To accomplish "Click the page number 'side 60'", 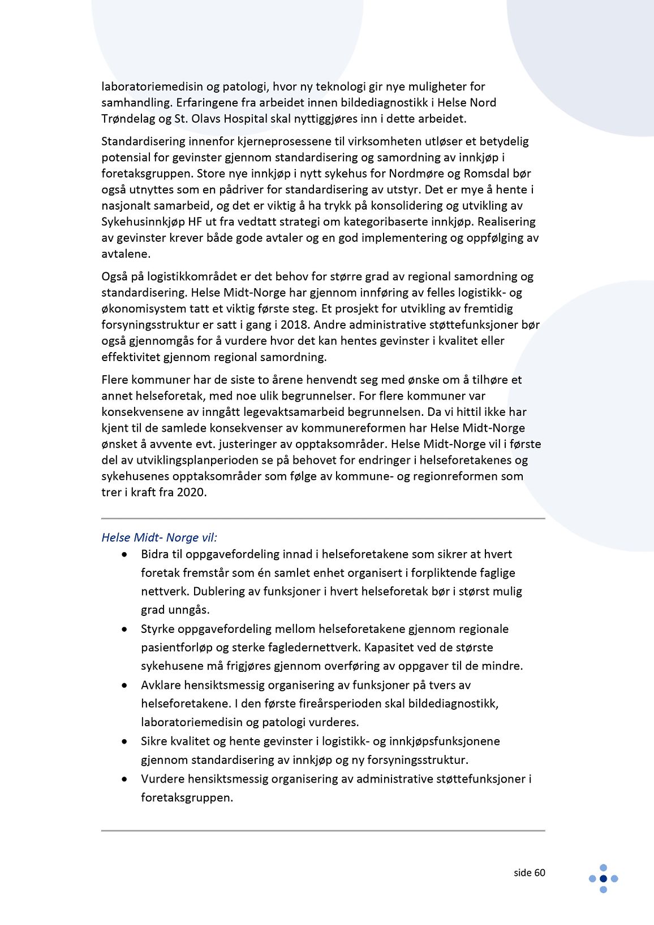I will pos(529,872).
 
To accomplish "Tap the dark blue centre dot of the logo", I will pos(603,879).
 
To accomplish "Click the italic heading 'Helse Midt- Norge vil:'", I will pos(159,537).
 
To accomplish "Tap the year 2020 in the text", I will pos(191,492).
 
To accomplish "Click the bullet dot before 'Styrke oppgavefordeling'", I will pos(124,629).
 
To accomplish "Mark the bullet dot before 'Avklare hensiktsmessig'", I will pos(124,685).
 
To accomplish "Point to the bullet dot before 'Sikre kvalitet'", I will pos(124,741).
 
